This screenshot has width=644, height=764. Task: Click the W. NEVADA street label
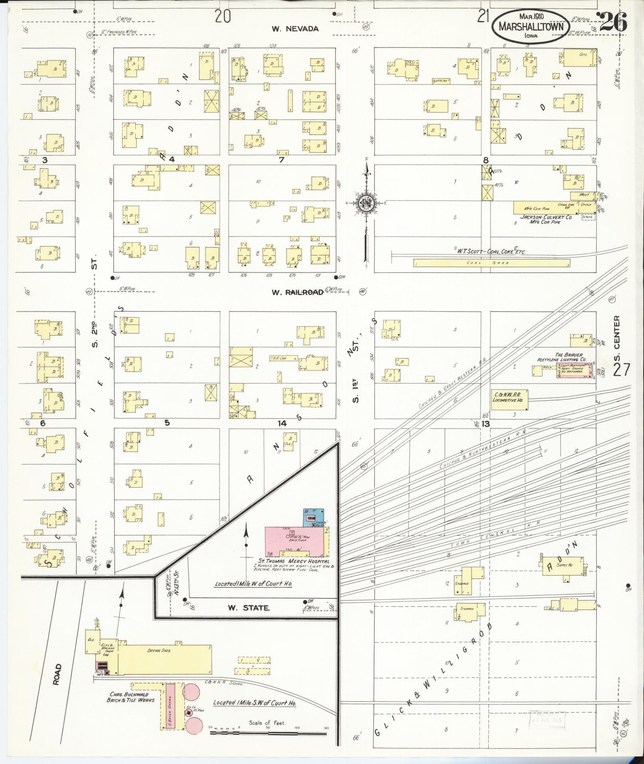pos(295,29)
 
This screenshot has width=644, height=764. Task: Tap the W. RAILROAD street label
pos(297,292)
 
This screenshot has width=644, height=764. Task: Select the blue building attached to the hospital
pos(313,518)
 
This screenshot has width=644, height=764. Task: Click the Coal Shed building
pos(491,263)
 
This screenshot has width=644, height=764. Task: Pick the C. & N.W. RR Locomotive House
pos(509,399)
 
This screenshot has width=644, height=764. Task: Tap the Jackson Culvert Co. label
pos(545,217)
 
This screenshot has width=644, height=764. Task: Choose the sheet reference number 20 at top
pos(223,17)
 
